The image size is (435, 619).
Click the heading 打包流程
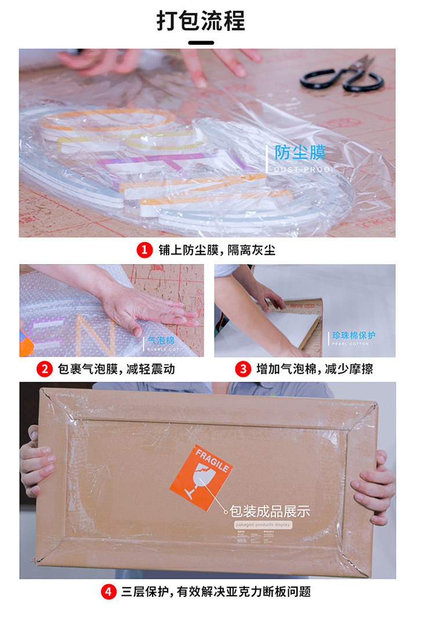[x=201, y=21]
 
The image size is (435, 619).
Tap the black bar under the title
[x=201, y=42]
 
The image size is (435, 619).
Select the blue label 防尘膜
[x=300, y=153]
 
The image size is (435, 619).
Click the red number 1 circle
[x=144, y=250]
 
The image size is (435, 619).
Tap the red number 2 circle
[x=44, y=369]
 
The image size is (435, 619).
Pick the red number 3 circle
[x=242, y=369]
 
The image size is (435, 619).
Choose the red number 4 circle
[x=108, y=592]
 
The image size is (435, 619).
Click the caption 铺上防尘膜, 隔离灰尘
[x=217, y=250]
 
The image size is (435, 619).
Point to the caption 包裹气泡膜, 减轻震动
[x=117, y=369]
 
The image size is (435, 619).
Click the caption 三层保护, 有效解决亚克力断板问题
[x=216, y=592]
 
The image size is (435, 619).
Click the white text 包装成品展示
[x=270, y=512]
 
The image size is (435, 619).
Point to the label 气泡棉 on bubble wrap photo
[x=162, y=341]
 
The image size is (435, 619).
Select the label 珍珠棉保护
[x=354, y=336]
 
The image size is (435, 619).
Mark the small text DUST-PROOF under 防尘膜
[x=303, y=169]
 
